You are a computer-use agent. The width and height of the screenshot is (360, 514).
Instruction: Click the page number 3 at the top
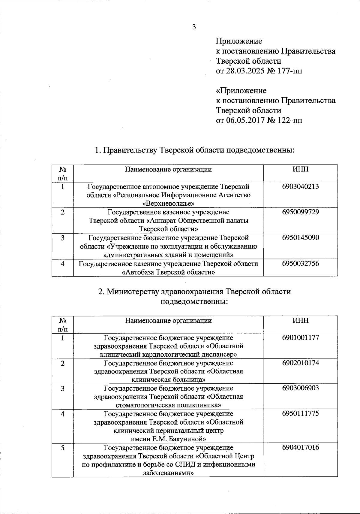coord(194,27)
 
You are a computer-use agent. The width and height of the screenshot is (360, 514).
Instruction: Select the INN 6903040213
coord(300,186)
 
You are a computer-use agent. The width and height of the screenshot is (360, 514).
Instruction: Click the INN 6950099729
coord(300,212)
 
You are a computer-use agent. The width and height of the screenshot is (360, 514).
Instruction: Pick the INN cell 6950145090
coord(300,238)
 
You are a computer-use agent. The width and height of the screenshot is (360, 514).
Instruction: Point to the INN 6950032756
coord(300,264)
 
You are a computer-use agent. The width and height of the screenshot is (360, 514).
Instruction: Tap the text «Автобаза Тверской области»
coord(168,272)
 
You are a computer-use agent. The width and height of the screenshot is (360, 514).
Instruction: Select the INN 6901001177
coord(300,337)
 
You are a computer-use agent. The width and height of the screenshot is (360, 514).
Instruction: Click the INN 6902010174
coord(300,363)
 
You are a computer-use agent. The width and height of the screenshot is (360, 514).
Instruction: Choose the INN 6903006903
coord(300,388)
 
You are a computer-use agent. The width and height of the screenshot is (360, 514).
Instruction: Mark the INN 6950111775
coord(300,413)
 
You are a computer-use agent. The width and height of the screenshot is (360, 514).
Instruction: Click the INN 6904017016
coord(300,447)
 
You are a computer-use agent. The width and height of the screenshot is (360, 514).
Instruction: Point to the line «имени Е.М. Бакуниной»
coord(168,439)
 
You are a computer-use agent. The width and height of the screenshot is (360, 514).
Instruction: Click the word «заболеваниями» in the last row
coord(168,473)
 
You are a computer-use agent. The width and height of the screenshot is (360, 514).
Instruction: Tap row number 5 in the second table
coord(62,448)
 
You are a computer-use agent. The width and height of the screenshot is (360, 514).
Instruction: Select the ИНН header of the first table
coord(300,169)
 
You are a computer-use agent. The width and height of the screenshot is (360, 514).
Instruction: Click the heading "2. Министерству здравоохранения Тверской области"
coord(194,292)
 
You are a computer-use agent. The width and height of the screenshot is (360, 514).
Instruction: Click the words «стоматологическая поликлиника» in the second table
coord(168,405)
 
